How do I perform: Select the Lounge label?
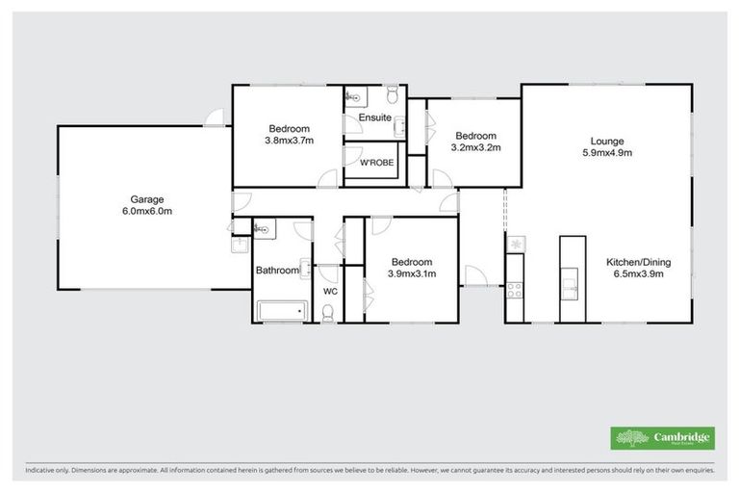click(607, 140)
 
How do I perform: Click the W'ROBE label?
click(374, 164)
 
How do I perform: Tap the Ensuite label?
click(374, 117)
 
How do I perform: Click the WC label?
click(330, 291)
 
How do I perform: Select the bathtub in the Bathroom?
click(281, 310)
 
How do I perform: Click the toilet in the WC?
click(329, 311)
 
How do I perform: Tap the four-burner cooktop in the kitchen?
click(515, 286)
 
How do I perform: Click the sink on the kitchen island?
click(572, 286)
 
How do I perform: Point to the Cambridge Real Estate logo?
click(663, 438)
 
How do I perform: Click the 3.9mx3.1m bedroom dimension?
click(411, 273)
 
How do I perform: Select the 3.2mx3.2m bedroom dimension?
click(475, 148)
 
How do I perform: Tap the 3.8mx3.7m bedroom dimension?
click(289, 141)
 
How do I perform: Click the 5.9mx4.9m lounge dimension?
click(607, 152)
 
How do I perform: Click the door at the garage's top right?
click(217, 118)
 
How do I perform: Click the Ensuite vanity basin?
click(400, 121)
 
